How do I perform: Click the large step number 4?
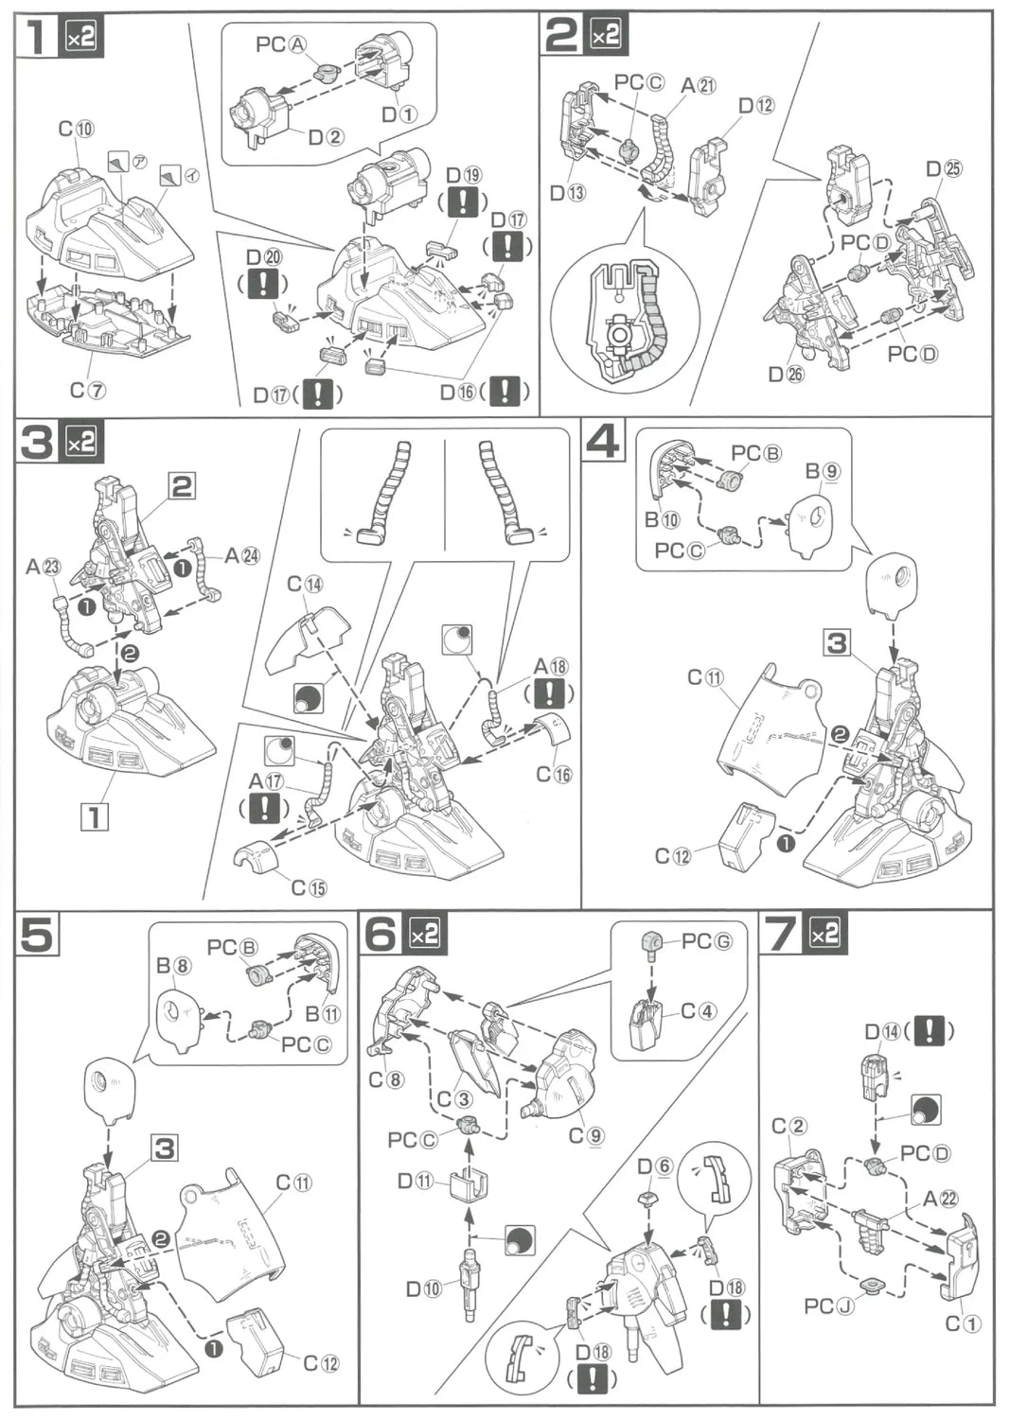[603, 442]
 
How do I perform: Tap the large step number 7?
[781, 934]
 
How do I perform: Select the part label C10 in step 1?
[76, 128]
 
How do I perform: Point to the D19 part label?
[463, 174]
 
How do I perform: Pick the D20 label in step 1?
[263, 257]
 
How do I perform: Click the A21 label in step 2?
[699, 85]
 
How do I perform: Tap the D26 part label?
[785, 374]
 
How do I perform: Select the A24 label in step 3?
[241, 555]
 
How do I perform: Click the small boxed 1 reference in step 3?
[95, 815]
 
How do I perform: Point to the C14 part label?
[305, 584]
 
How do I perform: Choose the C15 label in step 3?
[309, 887]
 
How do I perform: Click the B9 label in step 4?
[823, 470]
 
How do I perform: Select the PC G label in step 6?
[706, 941]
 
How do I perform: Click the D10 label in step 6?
[423, 1288]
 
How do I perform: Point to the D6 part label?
[654, 1166]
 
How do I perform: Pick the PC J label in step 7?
[826, 1305]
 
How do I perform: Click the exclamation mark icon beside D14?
[929, 1030]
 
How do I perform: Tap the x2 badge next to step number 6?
[423, 935]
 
